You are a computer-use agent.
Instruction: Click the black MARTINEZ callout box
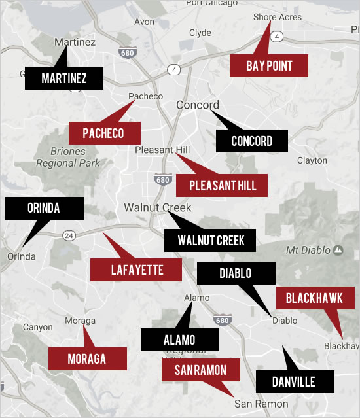[63, 78]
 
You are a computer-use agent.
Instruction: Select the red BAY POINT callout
[269, 65]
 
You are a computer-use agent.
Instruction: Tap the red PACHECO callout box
[104, 133]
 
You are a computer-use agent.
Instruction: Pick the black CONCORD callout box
[252, 141]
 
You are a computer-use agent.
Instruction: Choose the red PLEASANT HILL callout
[223, 185]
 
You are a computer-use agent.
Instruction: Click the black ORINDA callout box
[44, 208]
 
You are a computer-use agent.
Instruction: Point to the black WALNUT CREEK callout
[211, 240]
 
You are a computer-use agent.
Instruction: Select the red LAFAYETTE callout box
[136, 269]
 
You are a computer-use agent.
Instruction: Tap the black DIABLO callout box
[235, 273]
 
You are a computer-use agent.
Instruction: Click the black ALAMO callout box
[179, 340]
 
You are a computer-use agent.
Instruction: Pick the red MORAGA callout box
[87, 358]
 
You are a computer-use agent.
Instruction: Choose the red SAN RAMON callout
[200, 370]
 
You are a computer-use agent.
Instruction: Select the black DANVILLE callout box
[295, 381]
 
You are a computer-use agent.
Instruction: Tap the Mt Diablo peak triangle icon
[338, 249]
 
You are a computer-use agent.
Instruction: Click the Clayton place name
[312, 160]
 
